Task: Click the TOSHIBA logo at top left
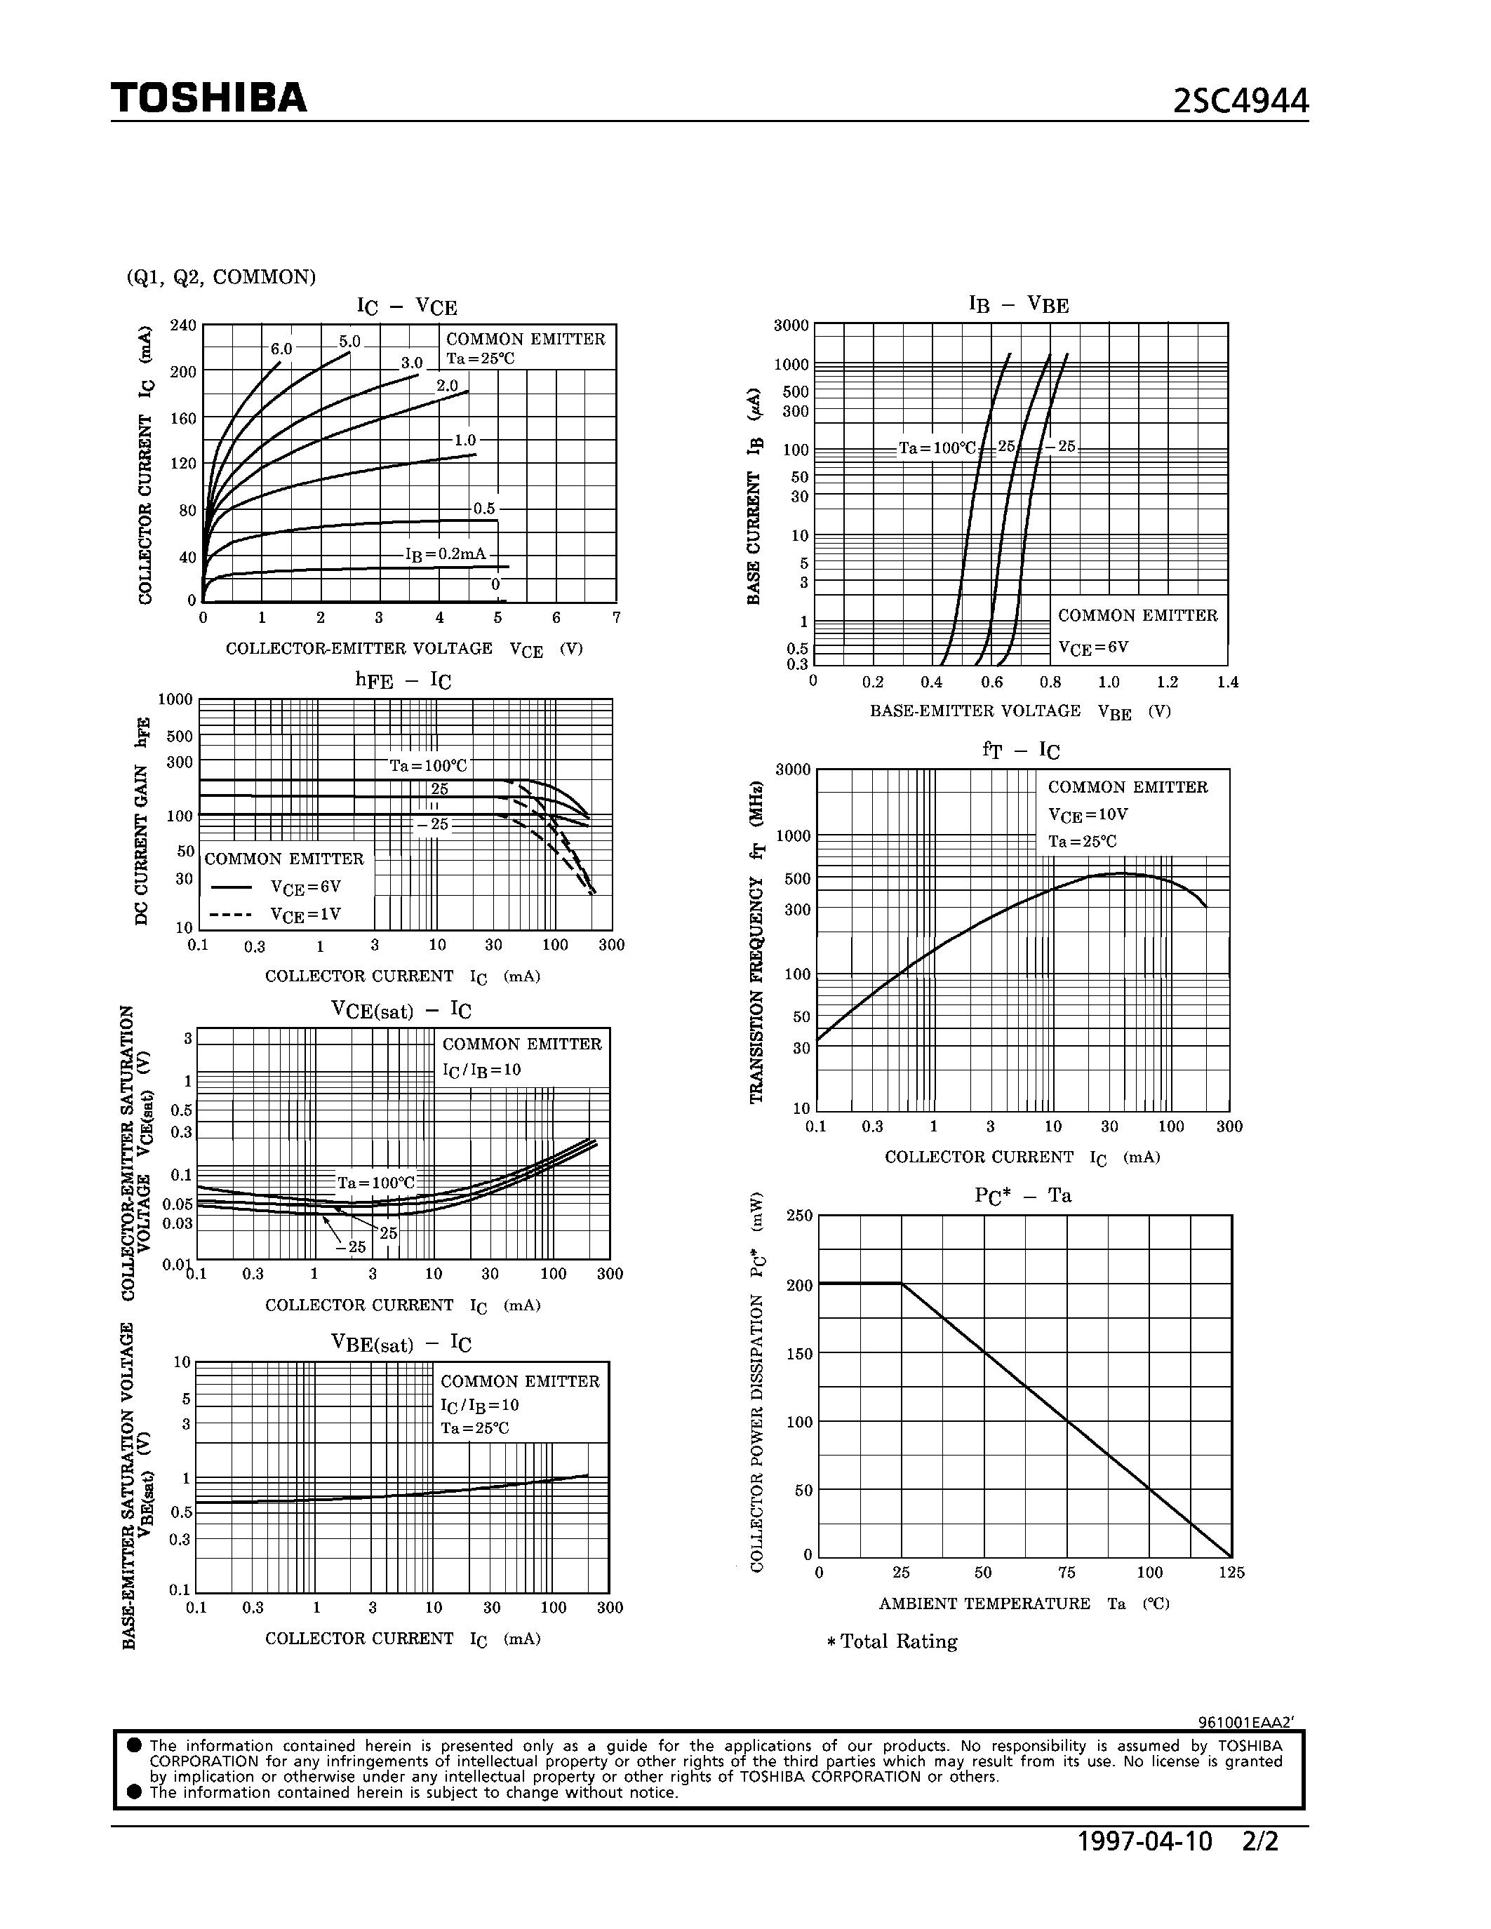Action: coord(208,98)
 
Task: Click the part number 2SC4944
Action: coord(1240,102)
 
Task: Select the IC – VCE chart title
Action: coord(406,307)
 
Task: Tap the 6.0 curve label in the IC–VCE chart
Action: coord(281,349)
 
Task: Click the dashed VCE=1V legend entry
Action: coord(276,914)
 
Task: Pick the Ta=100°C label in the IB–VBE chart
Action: coord(937,448)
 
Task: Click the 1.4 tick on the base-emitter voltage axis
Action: coord(1227,682)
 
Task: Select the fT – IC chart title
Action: coord(1021,750)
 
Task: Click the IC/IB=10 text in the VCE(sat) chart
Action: coord(481,1070)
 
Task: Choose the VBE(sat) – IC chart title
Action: coord(401,1343)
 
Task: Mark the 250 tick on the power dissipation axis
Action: coord(798,1216)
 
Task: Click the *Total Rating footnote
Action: coord(892,1641)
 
